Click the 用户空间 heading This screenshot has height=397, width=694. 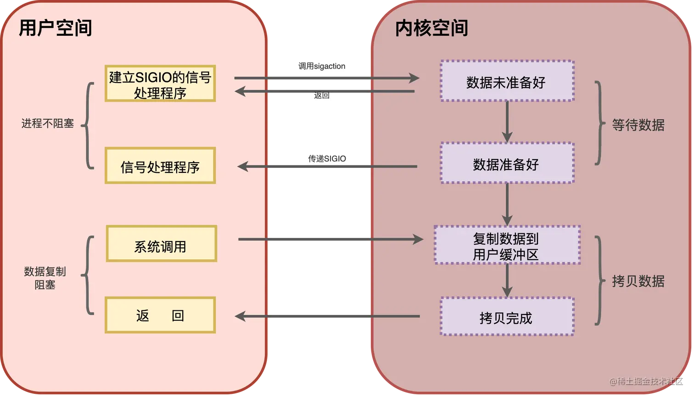pyautogui.click(x=56, y=28)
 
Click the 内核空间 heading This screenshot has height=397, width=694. pyautogui.click(x=431, y=28)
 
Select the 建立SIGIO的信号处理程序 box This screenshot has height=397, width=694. pyautogui.click(x=160, y=83)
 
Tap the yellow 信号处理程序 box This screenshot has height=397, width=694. pyautogui.click(x=160, y=166)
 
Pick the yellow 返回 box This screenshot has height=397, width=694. pyautogui.click(x=160, y=315)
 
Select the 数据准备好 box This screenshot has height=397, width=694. pyautogui.click(x=507, y=164)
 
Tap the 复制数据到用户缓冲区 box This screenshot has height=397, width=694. pyautogui.click(x=507, y=245)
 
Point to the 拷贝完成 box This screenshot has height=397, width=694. pyautogui.click(x=507, y=317)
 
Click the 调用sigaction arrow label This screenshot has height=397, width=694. pyautogui.click(x=323, y=66)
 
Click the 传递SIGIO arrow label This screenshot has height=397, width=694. pyautogui.click(x=327, y=159)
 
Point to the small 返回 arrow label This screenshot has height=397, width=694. pyautogui.click(x=323, y=96)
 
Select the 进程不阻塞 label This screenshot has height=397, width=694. pyautogui.click(x=48, y=123)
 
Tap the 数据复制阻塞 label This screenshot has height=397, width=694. pyautogui.click(x=45, y=278)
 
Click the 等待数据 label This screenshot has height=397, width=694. pyautogui.click(x=638, y=125)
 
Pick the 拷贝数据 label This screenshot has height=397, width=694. pyautogui.click(x=638, y=281)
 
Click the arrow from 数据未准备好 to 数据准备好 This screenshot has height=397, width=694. pyautogui.click(x=507, y=122)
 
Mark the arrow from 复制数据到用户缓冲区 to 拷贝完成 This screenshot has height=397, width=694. pyautogui.click(x=507, y=281)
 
